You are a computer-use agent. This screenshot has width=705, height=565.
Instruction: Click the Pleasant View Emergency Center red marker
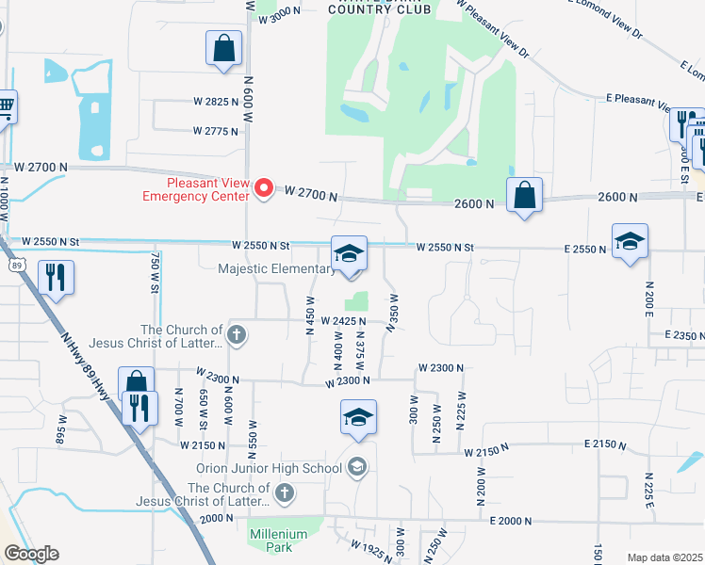click(265, 188)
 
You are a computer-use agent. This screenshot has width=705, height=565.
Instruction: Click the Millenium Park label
click(278, 540)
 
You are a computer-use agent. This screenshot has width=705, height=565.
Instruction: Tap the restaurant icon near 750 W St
click(56, 278)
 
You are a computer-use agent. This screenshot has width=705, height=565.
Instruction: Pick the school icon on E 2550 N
click(630, 241)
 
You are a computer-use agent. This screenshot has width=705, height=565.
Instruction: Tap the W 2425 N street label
click(343, 321)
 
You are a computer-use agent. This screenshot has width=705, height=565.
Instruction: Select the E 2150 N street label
click(607, 443)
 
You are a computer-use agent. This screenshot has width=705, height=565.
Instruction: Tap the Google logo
click(31, 554)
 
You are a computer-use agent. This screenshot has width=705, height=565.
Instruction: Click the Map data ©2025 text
click(664, 557)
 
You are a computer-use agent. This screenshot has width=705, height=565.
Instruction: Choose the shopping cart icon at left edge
click(6, 106)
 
